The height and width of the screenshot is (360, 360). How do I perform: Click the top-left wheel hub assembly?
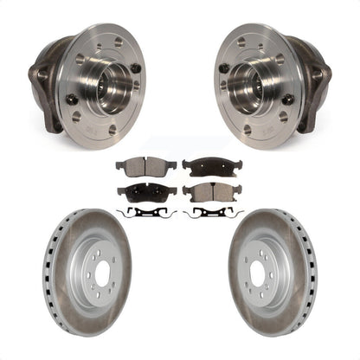(91, 82)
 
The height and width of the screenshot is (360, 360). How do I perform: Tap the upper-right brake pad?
(213, 165)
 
